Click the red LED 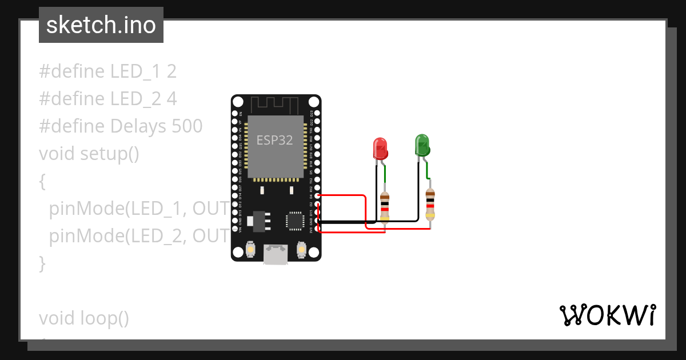coord(380,148)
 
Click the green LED coord(422,145)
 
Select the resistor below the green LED coord(430,205)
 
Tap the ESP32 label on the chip coord(274,140)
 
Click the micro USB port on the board coord(276,255)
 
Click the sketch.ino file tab coord(101,25)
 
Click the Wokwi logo coord(607,315)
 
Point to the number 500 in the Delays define coord(187,126)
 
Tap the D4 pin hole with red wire coord(317,195)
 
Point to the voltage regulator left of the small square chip coord(258,220)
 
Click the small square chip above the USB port coord(295,220)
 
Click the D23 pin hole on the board coord(317,113)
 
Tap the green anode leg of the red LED coord(386,172)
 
